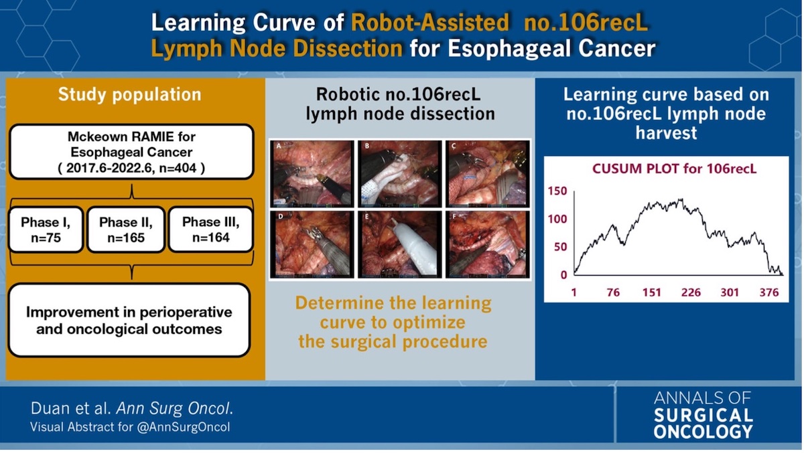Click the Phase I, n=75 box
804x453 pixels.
[x=46, y=230]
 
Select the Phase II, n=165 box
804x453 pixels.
[x=126, y=230]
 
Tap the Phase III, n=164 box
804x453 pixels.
[x=210, y=230]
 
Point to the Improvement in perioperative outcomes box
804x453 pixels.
[x=129, y=321]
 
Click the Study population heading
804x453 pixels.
[x=129, y=94]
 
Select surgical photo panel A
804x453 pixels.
[x=312, y=173]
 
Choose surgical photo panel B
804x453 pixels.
[x=399, y=173]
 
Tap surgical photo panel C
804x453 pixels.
[x=486, y=173]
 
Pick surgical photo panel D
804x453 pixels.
[x=312, y=244]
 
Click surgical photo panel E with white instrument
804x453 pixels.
[x=399, y=244]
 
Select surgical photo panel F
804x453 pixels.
[x=486, y=244]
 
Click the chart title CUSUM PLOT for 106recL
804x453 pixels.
[x=674, y=169]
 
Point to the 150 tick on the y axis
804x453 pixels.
[x=557, y=191]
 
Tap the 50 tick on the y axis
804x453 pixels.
[x=560, y=247]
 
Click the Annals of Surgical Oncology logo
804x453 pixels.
[x=703, y=415]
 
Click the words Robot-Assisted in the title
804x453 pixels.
[x=430, y=23]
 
